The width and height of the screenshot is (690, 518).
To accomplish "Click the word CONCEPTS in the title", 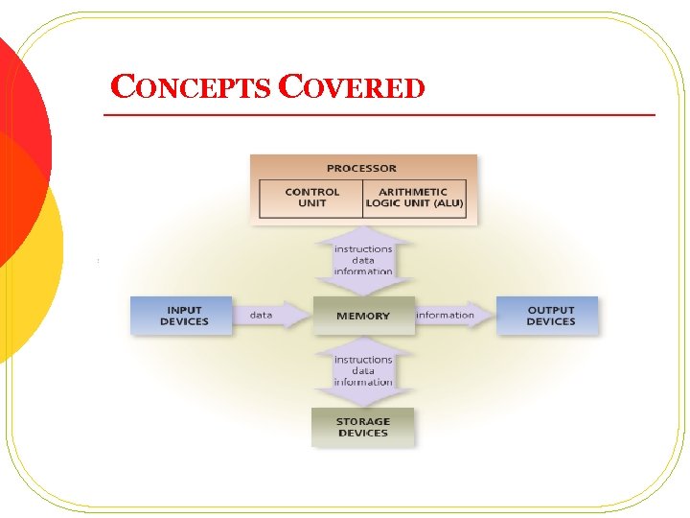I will [191, 88].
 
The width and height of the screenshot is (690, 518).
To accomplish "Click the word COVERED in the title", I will [351, 88].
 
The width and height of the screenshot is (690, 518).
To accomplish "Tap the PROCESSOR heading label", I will [362, 168].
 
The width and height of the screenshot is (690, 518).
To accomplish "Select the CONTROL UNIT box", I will [311, 198].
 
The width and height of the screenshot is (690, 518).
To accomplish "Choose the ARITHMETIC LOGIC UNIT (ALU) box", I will [414, 198].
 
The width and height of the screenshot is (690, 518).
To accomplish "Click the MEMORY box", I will [363, 316].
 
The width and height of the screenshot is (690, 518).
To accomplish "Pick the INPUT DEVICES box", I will [183, 316].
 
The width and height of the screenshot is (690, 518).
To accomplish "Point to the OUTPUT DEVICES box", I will [548, 316].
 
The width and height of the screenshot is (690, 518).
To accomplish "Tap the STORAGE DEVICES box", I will [363, 427].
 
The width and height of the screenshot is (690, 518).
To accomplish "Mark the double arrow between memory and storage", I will [363, 371].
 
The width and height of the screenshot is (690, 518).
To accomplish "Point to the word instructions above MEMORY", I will [363, 249].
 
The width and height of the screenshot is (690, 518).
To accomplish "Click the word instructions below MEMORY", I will [363, 360].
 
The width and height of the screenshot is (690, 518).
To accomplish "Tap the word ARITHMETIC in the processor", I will [414, 192].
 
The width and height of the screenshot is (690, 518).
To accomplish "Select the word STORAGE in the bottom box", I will [363, 421].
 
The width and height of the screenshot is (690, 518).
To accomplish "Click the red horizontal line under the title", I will [379, 115].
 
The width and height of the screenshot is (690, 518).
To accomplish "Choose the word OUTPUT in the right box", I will [551, 310].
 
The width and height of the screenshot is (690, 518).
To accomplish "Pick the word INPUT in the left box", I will [184, 310].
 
